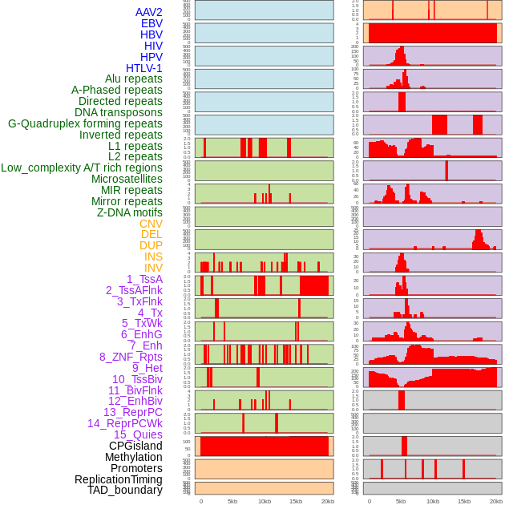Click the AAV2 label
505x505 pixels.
[x=149, y=13]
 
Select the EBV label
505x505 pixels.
[x=151, y=24]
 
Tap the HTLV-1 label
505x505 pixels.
[x=144, y=68]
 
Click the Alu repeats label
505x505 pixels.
[x=134, y=79]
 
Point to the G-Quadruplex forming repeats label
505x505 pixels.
[x=85, y=123]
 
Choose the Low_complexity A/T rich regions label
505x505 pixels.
[x=82, y=168]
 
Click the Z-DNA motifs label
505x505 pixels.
[x=130, y=212]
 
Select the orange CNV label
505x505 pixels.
[x=151, y=224]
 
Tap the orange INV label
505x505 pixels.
[x=153, y=268]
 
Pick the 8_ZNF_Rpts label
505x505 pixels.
[x=131, y=357]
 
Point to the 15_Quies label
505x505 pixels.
[x=138, y=434]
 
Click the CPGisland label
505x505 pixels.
[x=135, y=446]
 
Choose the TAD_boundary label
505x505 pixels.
[x=125, y=490]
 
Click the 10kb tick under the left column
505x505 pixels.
[x=264, y=501]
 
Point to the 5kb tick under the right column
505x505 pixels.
[x=401, y=501]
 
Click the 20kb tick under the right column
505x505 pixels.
[x=496, y=501]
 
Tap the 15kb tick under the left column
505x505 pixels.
[x=296, y=501]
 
